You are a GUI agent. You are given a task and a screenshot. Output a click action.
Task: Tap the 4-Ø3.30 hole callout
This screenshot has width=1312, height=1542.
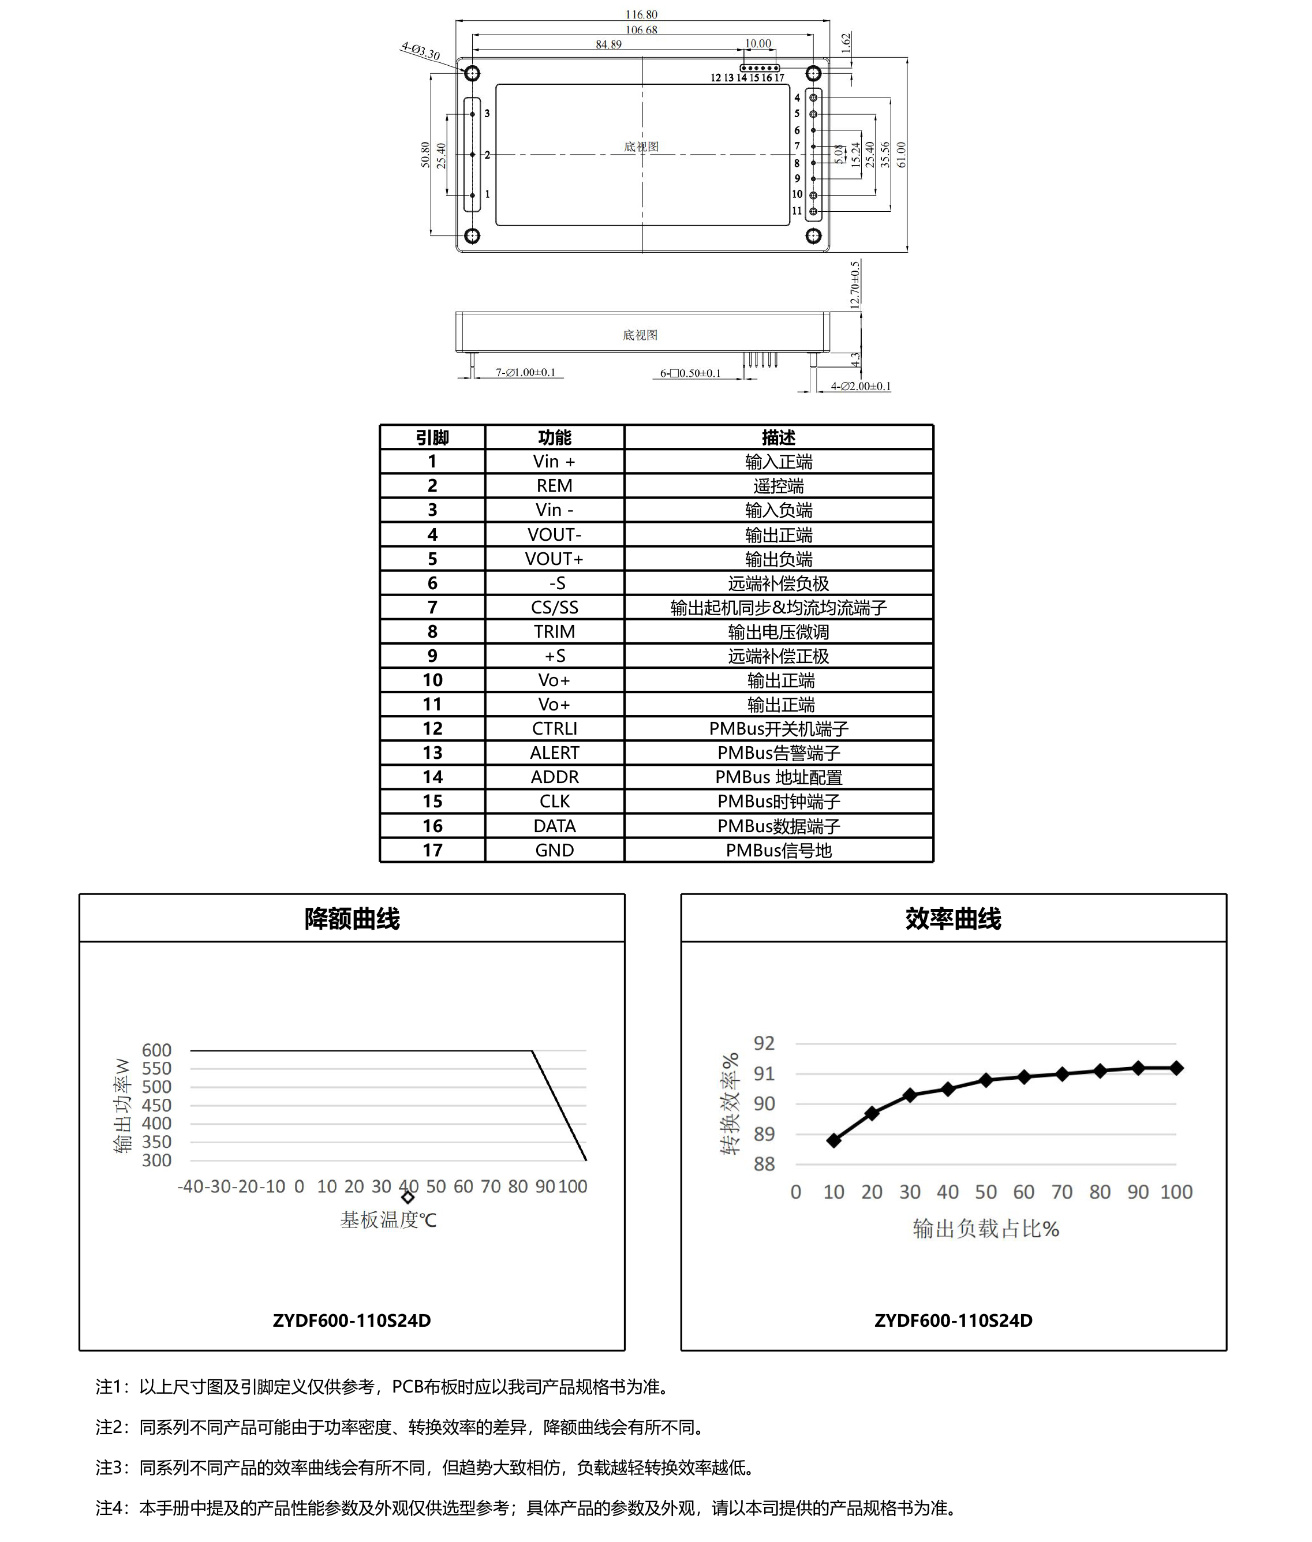tap(420, 51)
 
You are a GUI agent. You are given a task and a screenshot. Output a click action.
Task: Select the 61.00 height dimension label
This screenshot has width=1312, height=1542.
tap(902, 155)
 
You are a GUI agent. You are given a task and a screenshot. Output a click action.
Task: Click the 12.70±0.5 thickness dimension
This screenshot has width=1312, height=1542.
tap(855, 284)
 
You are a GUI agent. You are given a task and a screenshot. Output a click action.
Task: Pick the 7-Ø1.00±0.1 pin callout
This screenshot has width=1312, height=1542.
tap(525, 372)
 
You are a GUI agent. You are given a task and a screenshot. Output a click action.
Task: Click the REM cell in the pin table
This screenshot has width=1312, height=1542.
tap(554, 485)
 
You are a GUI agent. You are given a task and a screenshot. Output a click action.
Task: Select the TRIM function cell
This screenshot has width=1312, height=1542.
tap(554, 631)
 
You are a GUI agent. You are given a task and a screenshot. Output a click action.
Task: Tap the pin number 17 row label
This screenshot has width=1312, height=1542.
tap(432, 850)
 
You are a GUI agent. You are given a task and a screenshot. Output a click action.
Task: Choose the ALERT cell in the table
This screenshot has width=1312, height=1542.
tap(554, 753)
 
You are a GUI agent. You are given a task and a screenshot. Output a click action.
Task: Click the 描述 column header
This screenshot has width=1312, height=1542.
tap(778, 437)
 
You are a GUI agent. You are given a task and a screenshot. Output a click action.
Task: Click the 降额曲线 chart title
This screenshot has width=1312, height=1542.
tap(352, 919)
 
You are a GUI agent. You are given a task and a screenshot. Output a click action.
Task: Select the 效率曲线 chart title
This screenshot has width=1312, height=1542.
tap(953, 919)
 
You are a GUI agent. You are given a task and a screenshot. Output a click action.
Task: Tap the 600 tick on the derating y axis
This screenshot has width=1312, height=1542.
tap(156, 1050)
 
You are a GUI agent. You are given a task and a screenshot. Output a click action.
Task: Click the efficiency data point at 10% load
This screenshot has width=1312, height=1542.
tap(833, 1140)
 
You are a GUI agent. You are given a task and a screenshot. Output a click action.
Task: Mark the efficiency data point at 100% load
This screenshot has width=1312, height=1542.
tap(1176, 1068)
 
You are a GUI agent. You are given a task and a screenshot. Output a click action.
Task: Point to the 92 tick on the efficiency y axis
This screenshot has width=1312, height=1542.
tap(764, 1043)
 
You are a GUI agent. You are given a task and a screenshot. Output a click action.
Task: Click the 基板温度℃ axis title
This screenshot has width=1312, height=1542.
tap(388, 1220)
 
